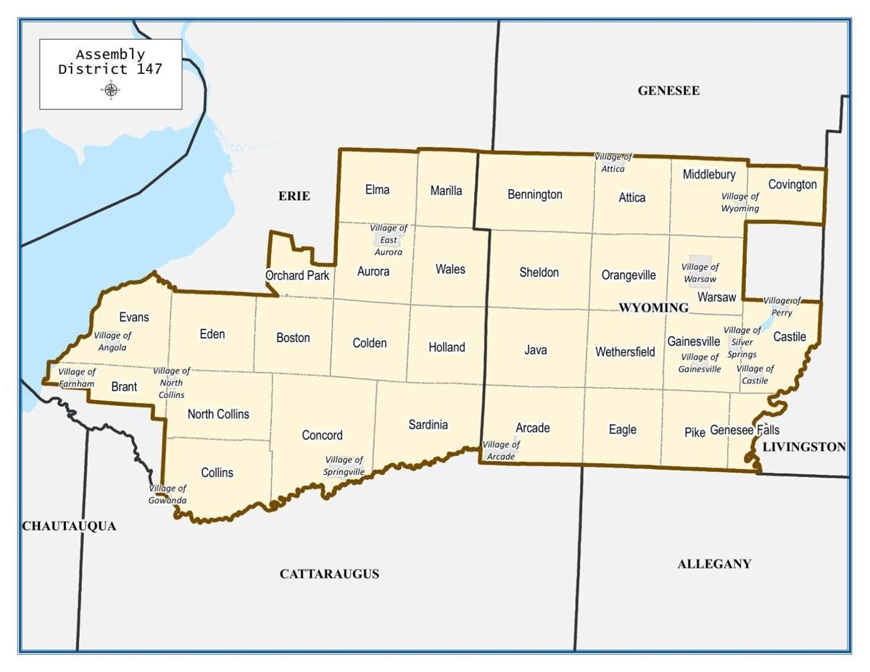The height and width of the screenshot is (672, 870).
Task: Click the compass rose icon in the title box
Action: pos(111,90)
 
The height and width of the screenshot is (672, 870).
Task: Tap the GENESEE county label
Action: pos(668,91)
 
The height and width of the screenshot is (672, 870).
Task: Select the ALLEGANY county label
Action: pos(714,564)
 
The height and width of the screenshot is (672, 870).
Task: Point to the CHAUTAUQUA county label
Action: pos(69,526)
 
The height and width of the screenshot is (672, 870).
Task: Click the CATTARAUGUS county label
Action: pos(329,574)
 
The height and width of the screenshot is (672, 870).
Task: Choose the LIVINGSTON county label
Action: pos(804,447)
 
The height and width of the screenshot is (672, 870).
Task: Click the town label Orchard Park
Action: pos(297,275)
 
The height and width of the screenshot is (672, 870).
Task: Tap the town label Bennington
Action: pos(535,194)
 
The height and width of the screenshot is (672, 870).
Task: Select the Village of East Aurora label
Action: pos(389,240)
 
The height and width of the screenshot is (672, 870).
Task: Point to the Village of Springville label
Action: pos(344,465)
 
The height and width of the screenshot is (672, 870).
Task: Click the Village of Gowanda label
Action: pos(168,494)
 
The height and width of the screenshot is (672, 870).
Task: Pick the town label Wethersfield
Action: pos(625,352)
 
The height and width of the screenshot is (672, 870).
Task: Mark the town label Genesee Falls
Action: pos(745,430)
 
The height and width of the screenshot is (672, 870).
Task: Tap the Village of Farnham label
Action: pos(77,378)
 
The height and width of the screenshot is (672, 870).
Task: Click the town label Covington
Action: pos(792,184)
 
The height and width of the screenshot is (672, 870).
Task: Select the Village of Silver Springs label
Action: pos(742,342)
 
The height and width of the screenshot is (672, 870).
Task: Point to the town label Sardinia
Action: pos(428,425)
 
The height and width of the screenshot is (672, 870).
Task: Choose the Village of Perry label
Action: pos(782,307)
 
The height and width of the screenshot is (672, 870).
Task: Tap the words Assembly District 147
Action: pos(110,62)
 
